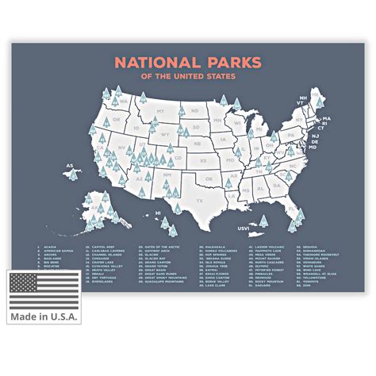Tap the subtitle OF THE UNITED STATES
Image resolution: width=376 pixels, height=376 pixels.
pos(188,77)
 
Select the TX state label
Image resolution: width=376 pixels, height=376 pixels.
pos(199,201)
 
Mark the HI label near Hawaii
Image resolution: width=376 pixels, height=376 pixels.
pos(158,213)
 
